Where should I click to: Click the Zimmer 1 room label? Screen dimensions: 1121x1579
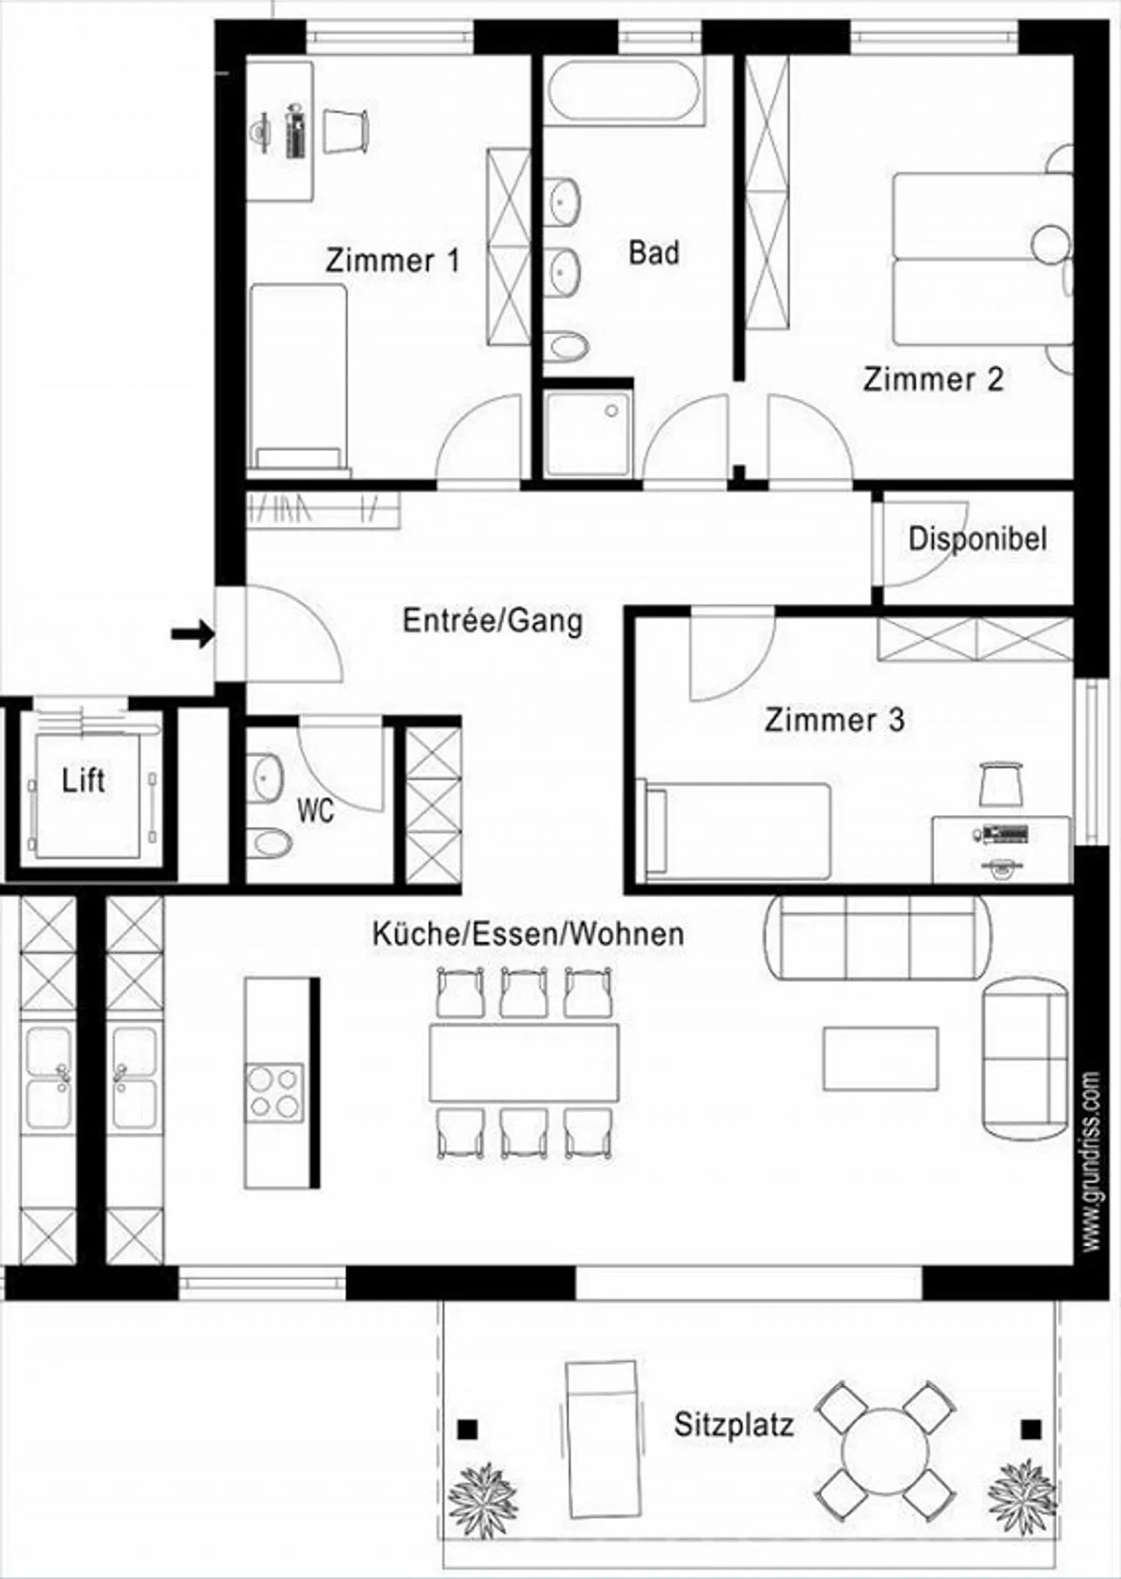click(x=392, y=260)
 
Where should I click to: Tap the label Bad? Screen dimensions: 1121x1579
click(x=654, y=253)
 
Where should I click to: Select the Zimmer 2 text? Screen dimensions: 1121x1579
click(x=933, y=379)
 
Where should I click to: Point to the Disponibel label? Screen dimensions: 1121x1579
click(x=978, y=539)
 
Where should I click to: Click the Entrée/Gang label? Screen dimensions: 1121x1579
click(x=493, y=621)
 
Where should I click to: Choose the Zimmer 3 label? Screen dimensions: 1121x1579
click(x=835, y=719)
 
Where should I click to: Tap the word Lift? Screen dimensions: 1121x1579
click(x=83, y=780)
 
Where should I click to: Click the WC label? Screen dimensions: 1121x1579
click(x=315, y=811)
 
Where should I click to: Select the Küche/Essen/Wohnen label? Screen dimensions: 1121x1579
click(x=529, y=934)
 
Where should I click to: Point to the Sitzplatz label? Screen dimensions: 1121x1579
click(x=734, y=1425)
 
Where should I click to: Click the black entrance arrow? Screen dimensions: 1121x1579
click(x=192, y=633)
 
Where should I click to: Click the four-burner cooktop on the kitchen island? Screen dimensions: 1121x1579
click(x=274, y=1093)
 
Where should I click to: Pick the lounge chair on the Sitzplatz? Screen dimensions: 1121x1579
click(x=601, y=1439)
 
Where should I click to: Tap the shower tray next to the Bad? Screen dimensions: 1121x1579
click(x=588, y=433)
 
